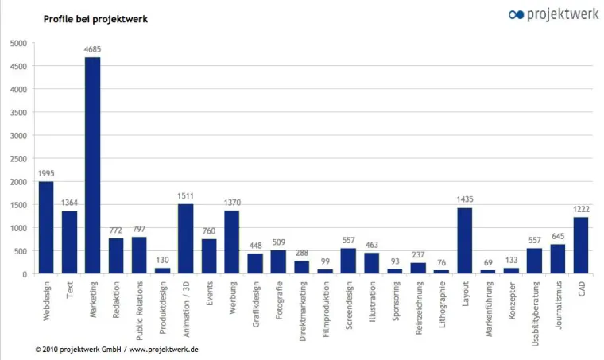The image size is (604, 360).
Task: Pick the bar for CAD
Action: (580, 246)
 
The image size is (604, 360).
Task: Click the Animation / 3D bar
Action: (185, 238)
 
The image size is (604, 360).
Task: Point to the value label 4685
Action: (92, 49)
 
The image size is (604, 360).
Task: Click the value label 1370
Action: (232, 203)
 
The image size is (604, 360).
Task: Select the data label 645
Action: (557, 236)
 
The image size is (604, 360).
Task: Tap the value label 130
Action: (162, 260)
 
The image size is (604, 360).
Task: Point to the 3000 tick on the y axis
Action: (18, 136)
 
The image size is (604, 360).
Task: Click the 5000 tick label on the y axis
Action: (18, 43)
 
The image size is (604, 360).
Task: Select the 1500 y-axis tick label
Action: (18, 205)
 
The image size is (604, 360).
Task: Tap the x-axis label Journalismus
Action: (557, 303)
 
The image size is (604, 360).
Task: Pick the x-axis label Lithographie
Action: (441, 303)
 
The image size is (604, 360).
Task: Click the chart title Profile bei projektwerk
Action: (95, 18)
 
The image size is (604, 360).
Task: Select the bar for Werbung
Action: (232, 242)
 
